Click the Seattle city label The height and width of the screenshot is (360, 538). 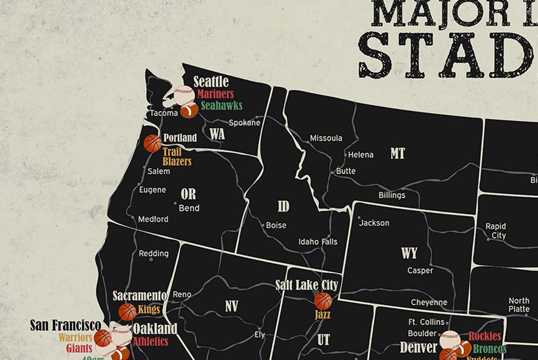tap(211, 82)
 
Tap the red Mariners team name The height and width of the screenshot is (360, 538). tap(215, 94)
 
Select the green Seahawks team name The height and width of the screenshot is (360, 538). tap(221, 106)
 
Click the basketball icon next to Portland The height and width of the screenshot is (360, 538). tap(152, 143)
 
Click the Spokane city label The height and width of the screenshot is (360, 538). tap(244, 123)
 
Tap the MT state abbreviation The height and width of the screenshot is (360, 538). tap(397, 153)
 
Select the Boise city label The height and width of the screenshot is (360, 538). tap(276, 226)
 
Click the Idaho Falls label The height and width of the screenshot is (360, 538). tap(318, 242)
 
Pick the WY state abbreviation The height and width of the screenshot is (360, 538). tap(409, 253)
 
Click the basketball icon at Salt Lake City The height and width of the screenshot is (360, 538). tap(323, 301)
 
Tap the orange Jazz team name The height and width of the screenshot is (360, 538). tap(322, 314)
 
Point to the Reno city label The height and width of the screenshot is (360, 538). tap(182, 294)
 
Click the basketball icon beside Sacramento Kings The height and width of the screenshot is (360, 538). tap(127, 311)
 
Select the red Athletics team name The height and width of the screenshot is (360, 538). tap(150, 341)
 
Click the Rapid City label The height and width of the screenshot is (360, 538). tap(496, 231)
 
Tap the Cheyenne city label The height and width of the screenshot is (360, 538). tap(429, 302)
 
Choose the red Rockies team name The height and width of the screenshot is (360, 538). tap(484, 336)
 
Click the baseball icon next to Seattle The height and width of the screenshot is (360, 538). tap(184, 95)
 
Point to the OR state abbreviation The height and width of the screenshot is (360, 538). tap(188, 194)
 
